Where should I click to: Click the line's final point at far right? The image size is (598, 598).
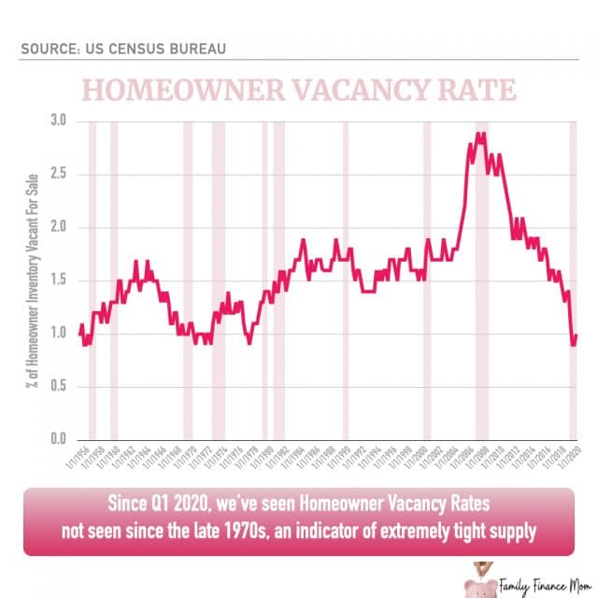[x=577, y=335]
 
